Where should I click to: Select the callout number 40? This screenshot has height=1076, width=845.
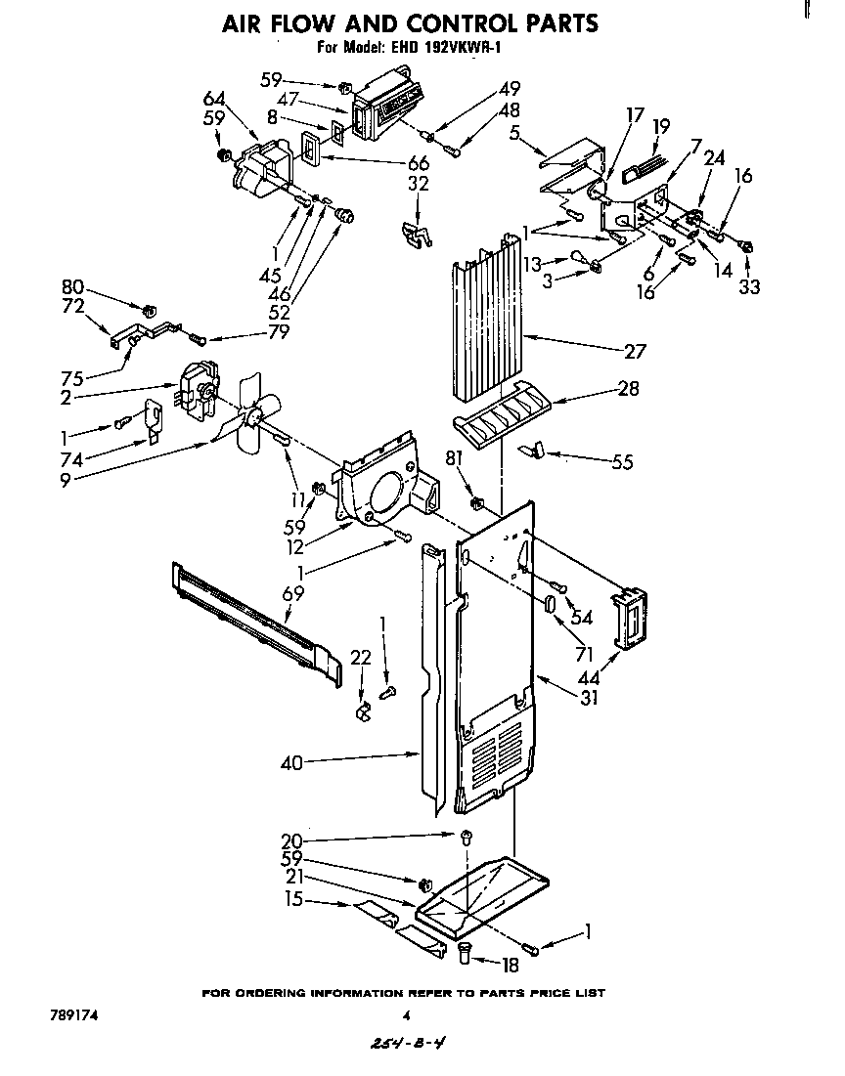click(291, 764)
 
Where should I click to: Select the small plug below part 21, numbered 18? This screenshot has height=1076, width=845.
click(466, 949)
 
